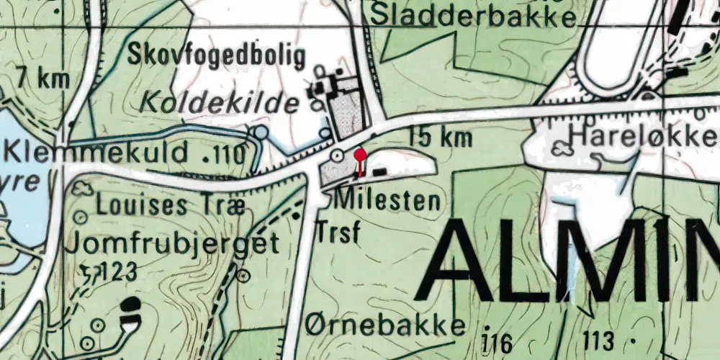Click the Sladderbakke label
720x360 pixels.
click(x=476, y=14)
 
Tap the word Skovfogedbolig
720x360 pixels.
click(x=217, y=55)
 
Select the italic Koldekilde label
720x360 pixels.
click(x=220, y=104)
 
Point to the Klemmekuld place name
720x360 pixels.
click(x=96, y=153)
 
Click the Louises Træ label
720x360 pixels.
click(x=171, y=207)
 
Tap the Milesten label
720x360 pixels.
click(x=388, y=200)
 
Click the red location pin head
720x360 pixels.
click(x=361, y=155)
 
